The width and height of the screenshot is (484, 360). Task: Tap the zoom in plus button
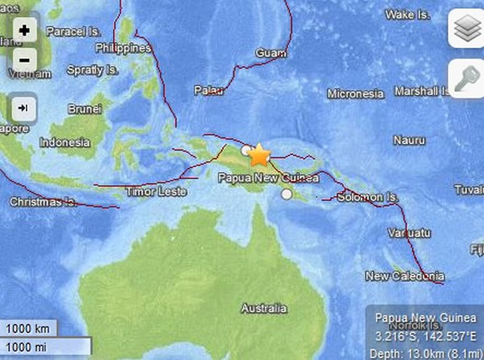coord(24,31)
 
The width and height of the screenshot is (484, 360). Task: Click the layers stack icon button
coord(465,31)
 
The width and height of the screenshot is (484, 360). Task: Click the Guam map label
coord(266,53)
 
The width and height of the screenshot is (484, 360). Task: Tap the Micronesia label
coord(355,94)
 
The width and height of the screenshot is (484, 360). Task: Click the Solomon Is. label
coord(369,197)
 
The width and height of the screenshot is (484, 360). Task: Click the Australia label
coord(265,308)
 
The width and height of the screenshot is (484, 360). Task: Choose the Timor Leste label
coord(157,192)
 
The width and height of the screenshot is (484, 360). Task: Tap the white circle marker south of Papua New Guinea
coord(286,194)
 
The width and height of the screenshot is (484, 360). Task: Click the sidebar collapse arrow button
coord(24,107)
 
